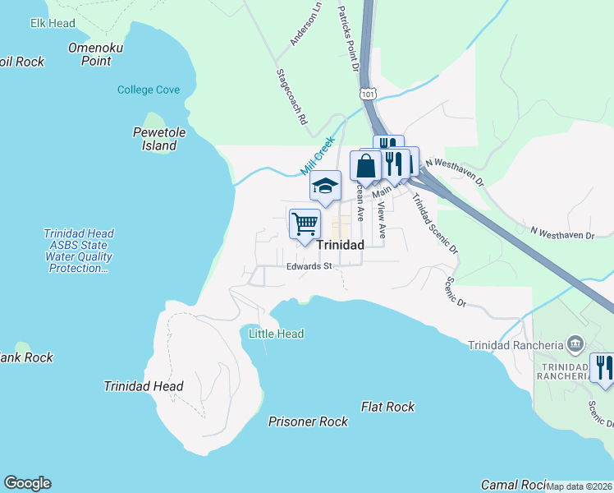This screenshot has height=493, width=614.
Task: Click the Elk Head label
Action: coord(53,22)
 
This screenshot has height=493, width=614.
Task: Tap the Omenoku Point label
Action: coord(96,54)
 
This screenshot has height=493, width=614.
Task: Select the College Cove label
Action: coord(149,90)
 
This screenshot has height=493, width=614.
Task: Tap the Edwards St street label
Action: coord(309,266)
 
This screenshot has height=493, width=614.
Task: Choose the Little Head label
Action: coord(277,334)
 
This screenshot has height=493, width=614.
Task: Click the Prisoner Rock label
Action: coord(308,422)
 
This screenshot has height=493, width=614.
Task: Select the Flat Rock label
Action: coord(387,407)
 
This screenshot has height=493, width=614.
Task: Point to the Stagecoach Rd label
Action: coord(291,97)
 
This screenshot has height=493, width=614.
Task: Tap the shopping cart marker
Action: coord(305,223)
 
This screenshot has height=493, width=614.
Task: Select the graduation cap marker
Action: coord(325,186)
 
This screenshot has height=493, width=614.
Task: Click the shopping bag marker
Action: coord(365,165)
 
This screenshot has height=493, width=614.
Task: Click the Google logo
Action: coord(27,483)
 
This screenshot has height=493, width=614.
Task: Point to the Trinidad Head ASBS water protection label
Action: coord(79,251)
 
